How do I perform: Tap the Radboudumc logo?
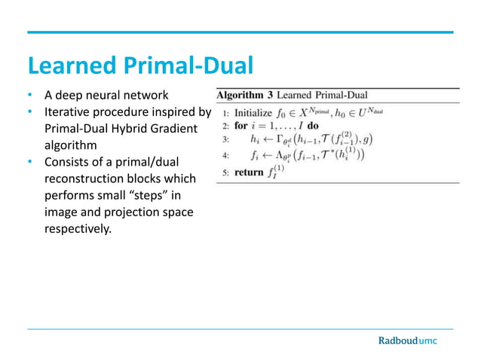[x=407, y=340]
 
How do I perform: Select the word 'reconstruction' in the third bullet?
[x=86, y=179]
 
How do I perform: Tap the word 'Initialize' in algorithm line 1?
[x=253, y=112]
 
